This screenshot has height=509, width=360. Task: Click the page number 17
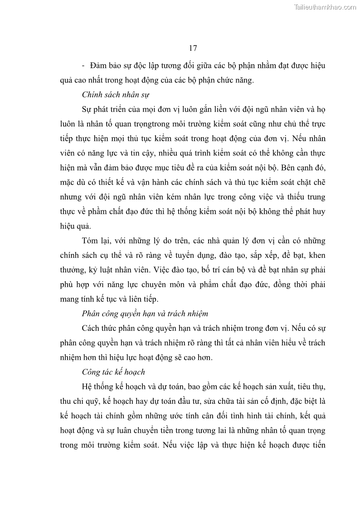coord(192,48)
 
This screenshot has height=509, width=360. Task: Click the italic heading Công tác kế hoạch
coord(113,372)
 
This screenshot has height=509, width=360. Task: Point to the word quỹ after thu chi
coord(94,401)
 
